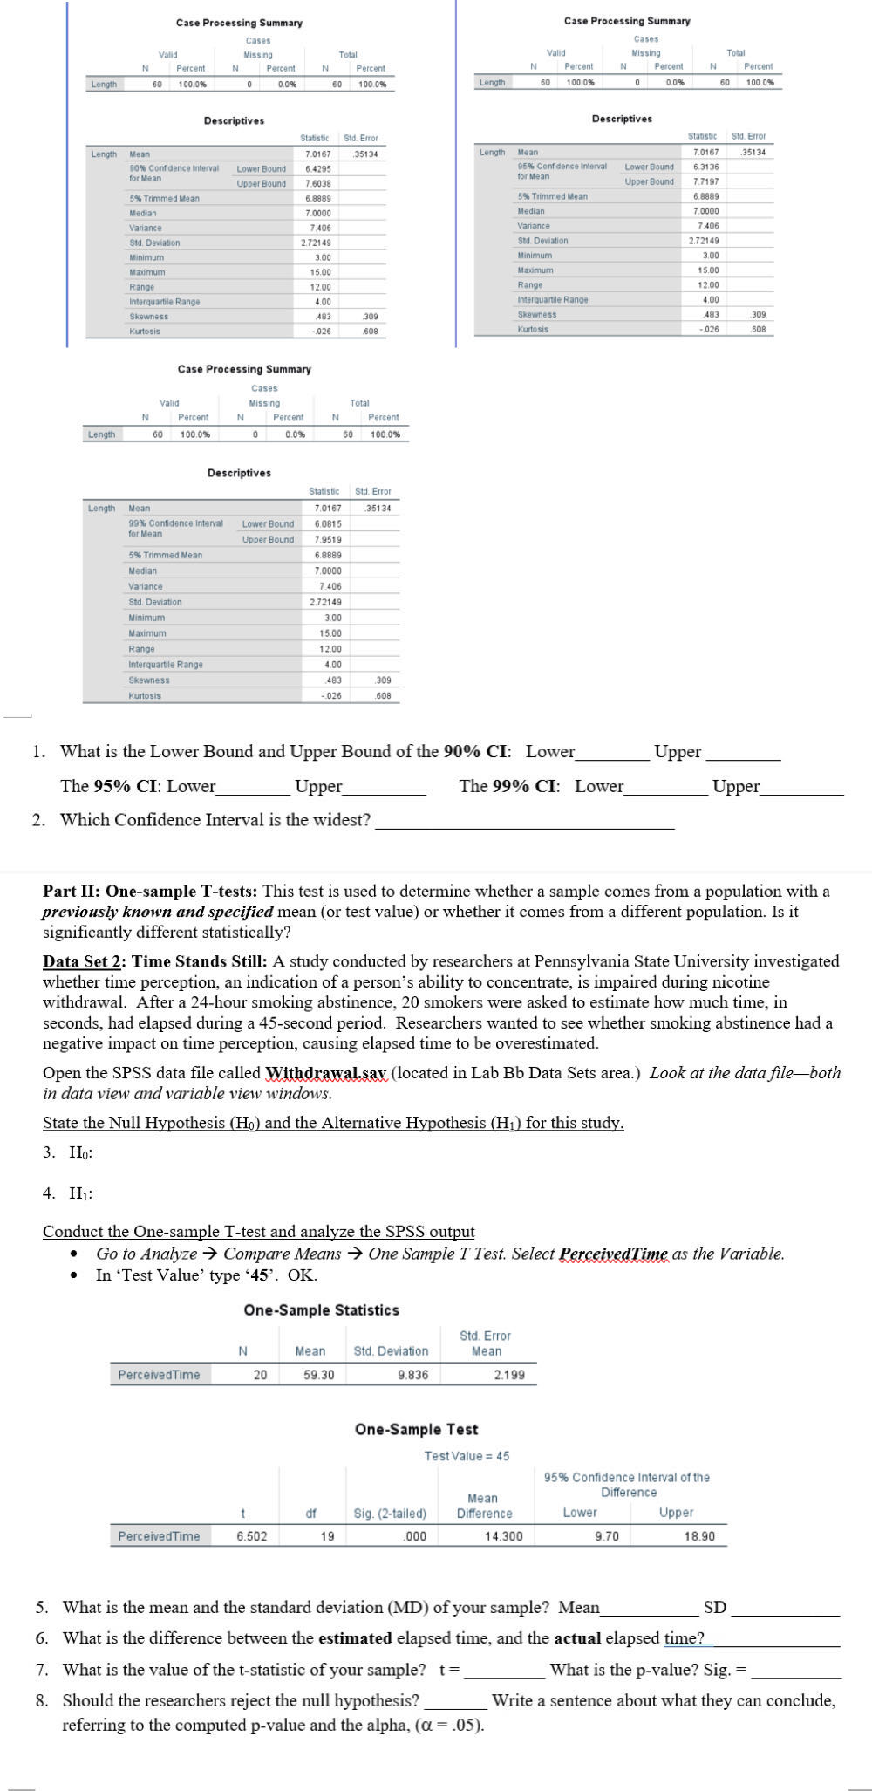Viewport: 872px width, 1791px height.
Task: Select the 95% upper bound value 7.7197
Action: (705, 181)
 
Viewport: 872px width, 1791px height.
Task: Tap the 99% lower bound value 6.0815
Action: (327, 523)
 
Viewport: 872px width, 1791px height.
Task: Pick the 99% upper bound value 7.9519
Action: (327, 539)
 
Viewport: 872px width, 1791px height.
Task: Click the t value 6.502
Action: (252, 1536)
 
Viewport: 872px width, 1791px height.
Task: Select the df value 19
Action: (326, 1536)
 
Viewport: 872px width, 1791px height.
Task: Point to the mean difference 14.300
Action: (503, 1536)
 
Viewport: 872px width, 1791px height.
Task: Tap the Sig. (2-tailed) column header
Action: (390, 1514)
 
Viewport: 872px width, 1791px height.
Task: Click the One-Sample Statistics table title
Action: (321, 1310)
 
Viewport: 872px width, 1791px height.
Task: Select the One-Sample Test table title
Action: (416, 1429)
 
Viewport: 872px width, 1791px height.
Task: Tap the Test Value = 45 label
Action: (467, 1455)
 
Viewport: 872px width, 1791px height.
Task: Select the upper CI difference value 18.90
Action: (700, 1536)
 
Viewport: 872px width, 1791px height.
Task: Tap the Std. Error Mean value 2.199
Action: (509, 1375)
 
